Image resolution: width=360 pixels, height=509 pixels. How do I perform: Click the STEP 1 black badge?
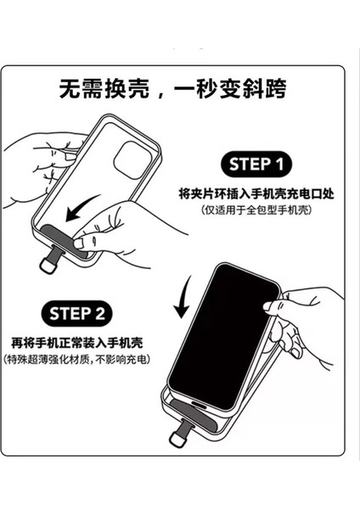pyautogui.click(x=256, y=165)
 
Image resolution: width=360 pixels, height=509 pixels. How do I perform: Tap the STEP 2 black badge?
pyautogui.click(x=76, y=314)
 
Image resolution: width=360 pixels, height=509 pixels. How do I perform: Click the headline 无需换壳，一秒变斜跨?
pyautogui.click(x=173, y=88)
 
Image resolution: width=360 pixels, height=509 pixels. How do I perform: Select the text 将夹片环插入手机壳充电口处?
pyautogui.click(x=256, y=193)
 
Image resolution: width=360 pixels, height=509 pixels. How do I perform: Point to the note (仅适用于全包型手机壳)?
pyautogui.click(x=256, y=210)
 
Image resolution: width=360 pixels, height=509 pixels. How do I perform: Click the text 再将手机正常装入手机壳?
pyautogui.click(x=77, y=343)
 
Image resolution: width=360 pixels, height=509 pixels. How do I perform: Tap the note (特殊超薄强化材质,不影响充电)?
pyautogui.click(x=77, y=360)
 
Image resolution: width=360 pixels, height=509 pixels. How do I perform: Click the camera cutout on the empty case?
pyautogui.click(x=132, y=160)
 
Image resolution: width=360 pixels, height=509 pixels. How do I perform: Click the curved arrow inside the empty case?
pyautogui.click(x=82, y=208)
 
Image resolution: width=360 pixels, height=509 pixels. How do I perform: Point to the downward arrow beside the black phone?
pyautogui.click(x=182, y=297)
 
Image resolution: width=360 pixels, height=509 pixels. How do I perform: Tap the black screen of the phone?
pyautogui.click(x=224, y=336)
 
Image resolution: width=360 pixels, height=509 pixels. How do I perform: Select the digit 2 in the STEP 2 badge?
pyautogui.click(x=100, y=314)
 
